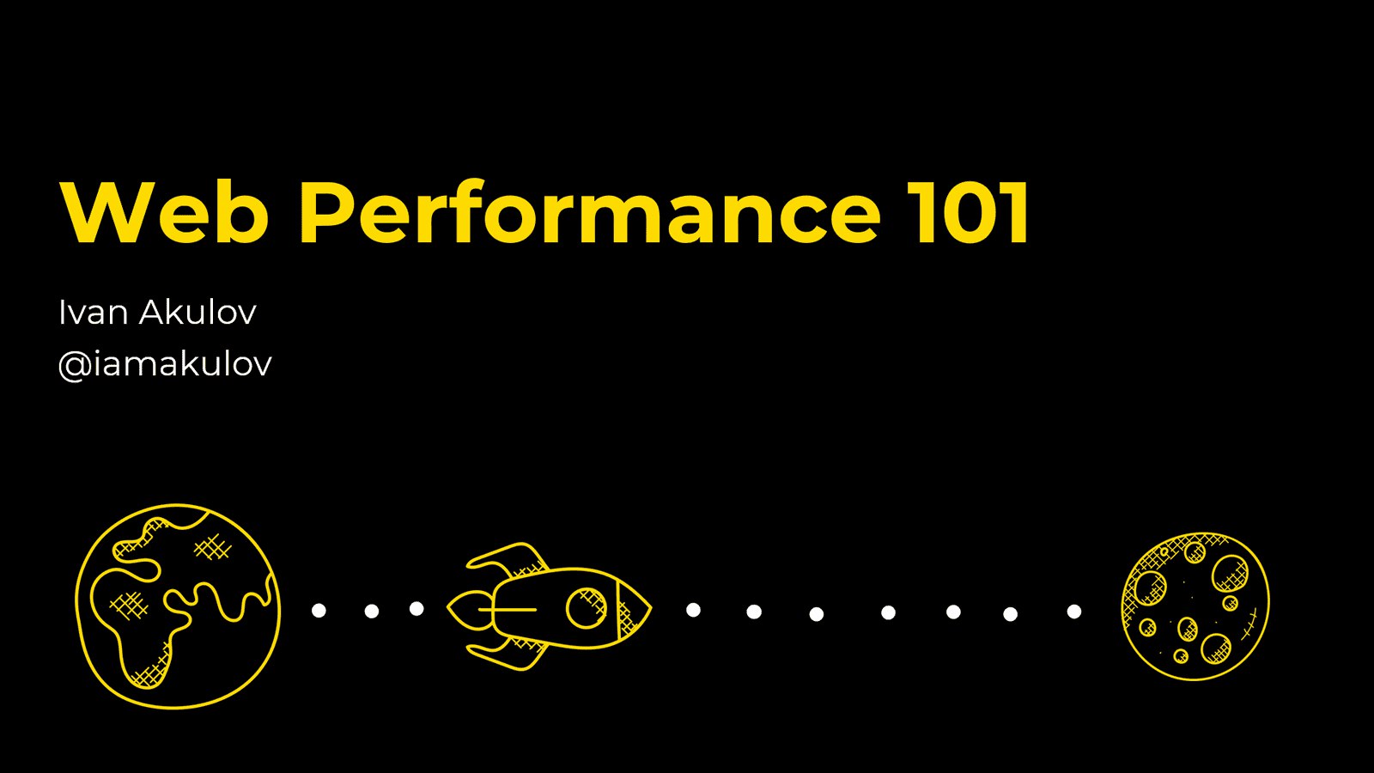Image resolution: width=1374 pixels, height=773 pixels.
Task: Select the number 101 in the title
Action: (969, 211)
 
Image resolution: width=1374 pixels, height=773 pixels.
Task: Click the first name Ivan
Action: (94, 312)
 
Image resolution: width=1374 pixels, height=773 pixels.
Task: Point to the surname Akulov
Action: (198, 312)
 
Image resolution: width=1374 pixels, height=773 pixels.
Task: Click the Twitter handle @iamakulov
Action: (165, 364)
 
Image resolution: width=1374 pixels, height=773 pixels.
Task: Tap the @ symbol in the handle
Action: (75, 366)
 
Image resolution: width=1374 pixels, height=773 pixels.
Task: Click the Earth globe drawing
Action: (178, 606)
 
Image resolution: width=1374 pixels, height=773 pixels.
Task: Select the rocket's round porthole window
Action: (586, 609)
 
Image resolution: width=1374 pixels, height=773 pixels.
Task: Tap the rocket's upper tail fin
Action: (508, 559)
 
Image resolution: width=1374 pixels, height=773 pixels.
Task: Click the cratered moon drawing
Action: (1195, 606)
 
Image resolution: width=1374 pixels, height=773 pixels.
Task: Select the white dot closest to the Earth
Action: (319, 611)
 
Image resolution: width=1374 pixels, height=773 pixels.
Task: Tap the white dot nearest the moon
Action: (1074, 611)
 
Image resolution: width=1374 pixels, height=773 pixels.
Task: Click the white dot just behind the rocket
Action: (416, 609)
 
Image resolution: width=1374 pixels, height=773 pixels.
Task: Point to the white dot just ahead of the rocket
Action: (693, 610)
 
